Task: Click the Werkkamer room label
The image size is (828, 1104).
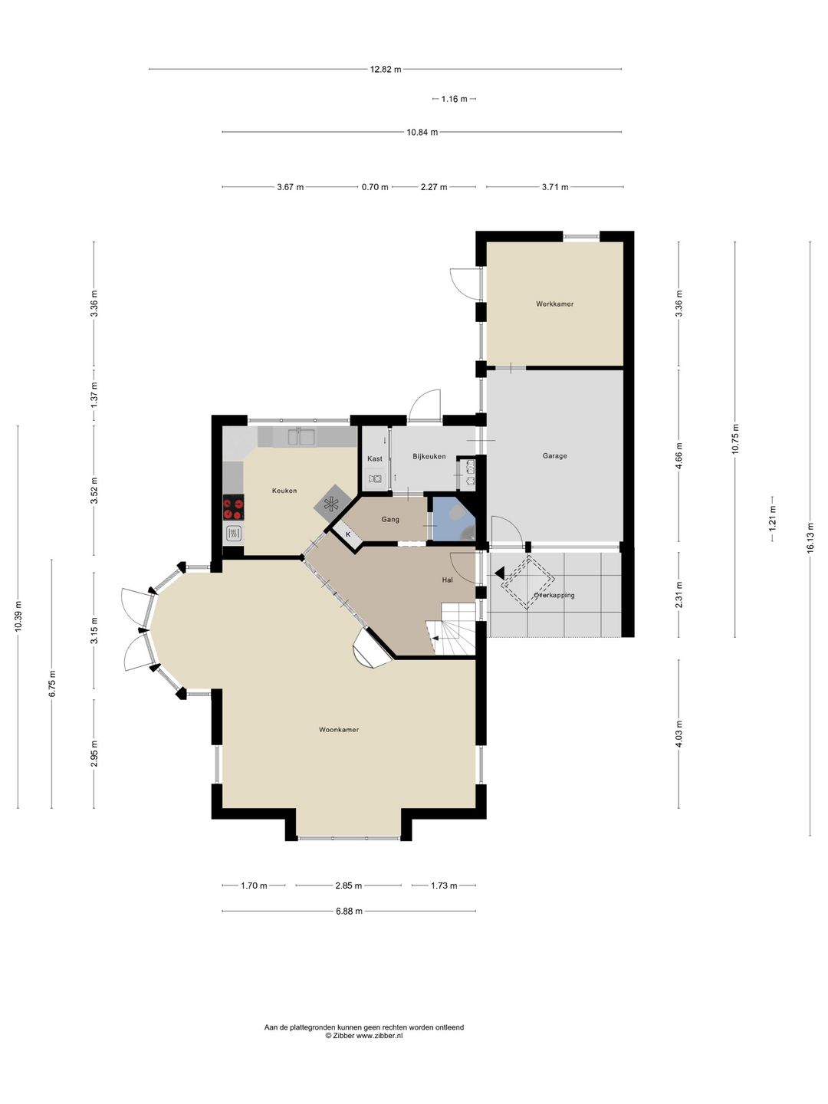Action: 554,304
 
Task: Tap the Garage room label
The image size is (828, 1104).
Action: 554,455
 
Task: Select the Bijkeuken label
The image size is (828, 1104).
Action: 429,456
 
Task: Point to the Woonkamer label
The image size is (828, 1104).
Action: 339,729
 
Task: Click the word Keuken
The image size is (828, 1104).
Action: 284,491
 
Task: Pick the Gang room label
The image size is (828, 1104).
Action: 390,519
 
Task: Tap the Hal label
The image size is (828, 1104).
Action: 447,580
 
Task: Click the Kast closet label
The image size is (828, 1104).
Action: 375,458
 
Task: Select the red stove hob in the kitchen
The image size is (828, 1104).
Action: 233,507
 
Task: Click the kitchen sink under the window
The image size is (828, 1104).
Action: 301,436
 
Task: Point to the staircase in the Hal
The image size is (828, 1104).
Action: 451,629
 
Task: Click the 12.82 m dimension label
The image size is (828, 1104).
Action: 386,70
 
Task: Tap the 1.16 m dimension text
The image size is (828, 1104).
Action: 454,99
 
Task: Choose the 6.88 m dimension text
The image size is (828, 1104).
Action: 349,911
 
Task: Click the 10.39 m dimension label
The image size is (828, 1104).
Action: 18,616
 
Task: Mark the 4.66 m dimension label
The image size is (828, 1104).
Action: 678,455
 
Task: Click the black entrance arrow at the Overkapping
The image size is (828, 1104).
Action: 499,573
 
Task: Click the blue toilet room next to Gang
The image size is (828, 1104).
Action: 453,519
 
